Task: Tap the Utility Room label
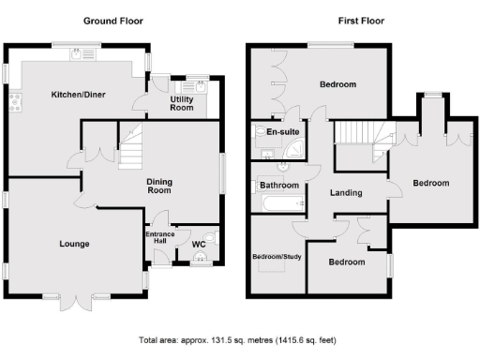pos(181,103)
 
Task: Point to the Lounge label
pos(74,244)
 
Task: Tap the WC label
pos(198,245)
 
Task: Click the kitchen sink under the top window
pos(75,55)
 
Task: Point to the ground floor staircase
pos(131,150)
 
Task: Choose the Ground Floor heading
pos(113,20)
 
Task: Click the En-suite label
pos(282,132)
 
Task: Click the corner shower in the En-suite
pos(260,144)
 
